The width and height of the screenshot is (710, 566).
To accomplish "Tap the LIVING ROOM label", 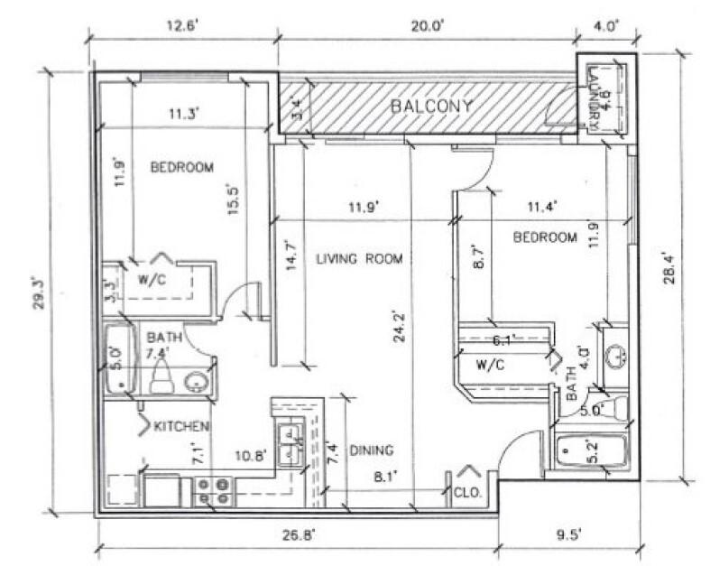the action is pos(358,259).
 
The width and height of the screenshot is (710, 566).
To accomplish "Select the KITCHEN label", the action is pos(182,425).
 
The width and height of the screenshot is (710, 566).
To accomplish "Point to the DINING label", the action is pos(372,450).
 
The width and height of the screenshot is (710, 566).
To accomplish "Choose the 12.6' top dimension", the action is pos(180,26).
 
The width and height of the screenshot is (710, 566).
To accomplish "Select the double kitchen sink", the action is pos(291,444).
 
